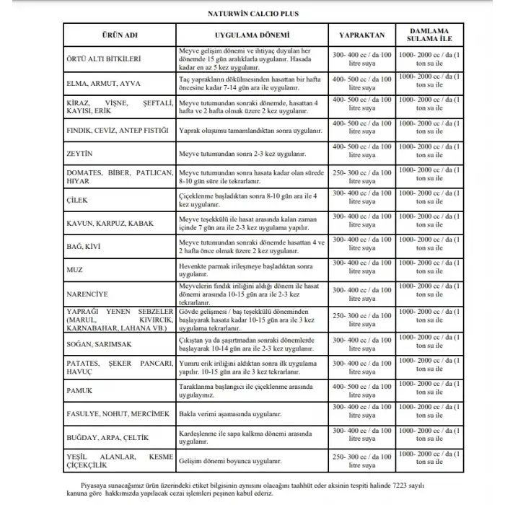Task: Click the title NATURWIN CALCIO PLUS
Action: [x=252, y=12]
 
